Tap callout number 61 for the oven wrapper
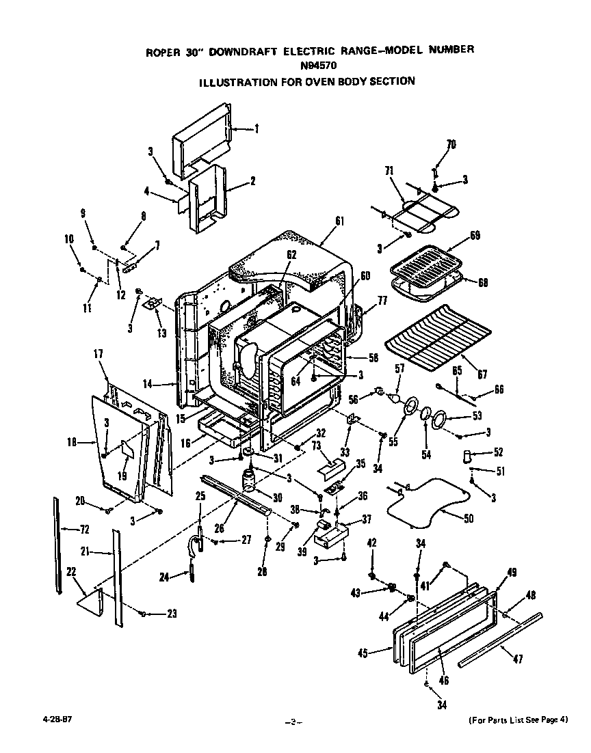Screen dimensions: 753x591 click(x=340, y=221)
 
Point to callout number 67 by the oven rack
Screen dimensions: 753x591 click(x=482, y=374)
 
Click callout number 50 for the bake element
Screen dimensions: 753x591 click(x=469, y=519)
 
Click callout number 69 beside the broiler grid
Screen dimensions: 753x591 click(x=475, y=236)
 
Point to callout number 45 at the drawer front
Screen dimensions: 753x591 click(x=362, y=654)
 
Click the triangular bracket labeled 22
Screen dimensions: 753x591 click(x=90, y=601)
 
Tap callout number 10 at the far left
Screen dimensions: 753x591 click(x=69, y=239)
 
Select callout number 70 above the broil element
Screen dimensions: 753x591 click(x=451, y=145)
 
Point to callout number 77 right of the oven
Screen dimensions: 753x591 click(x=382, y=299)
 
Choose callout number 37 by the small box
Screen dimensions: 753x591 click(x=367, y=519)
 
